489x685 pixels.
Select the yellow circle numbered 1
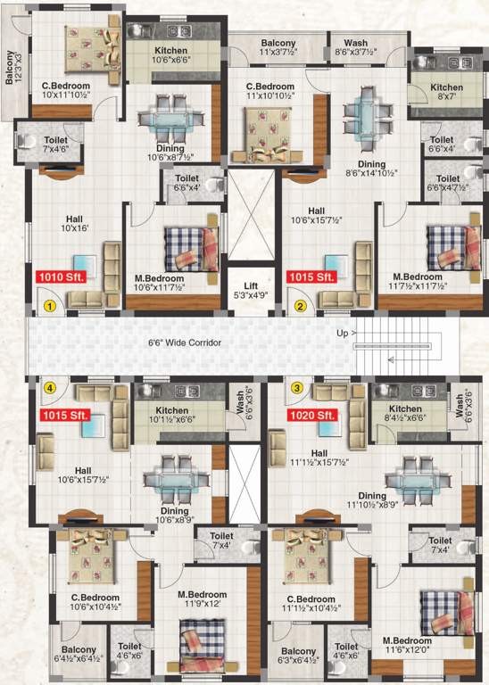tap(52, 306)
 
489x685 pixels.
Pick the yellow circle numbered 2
tap(301, 306)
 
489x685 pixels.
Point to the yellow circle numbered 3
tap(295, 387)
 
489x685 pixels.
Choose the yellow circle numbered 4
tap(52, 387)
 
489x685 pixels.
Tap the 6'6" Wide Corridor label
tap(185, 342)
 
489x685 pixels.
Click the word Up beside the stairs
tap(342, 334)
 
